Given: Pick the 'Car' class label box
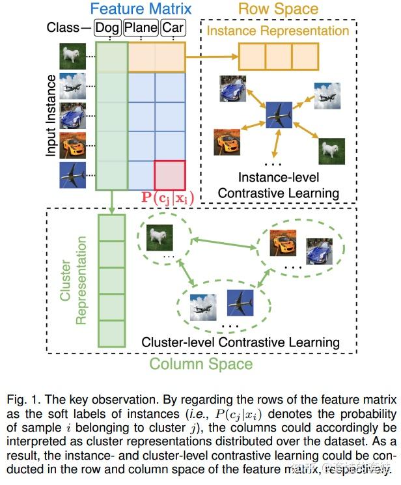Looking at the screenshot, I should [x=173, y=27].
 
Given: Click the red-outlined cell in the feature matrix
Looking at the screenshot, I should [x=170, y=174].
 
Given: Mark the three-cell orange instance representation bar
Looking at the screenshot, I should [x=278, y=56].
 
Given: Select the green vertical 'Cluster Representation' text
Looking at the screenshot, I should [x=73, y=281].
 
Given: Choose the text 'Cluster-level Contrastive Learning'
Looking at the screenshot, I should [x=240, y=342].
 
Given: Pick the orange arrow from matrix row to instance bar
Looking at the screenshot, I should [x=212, y=56].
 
